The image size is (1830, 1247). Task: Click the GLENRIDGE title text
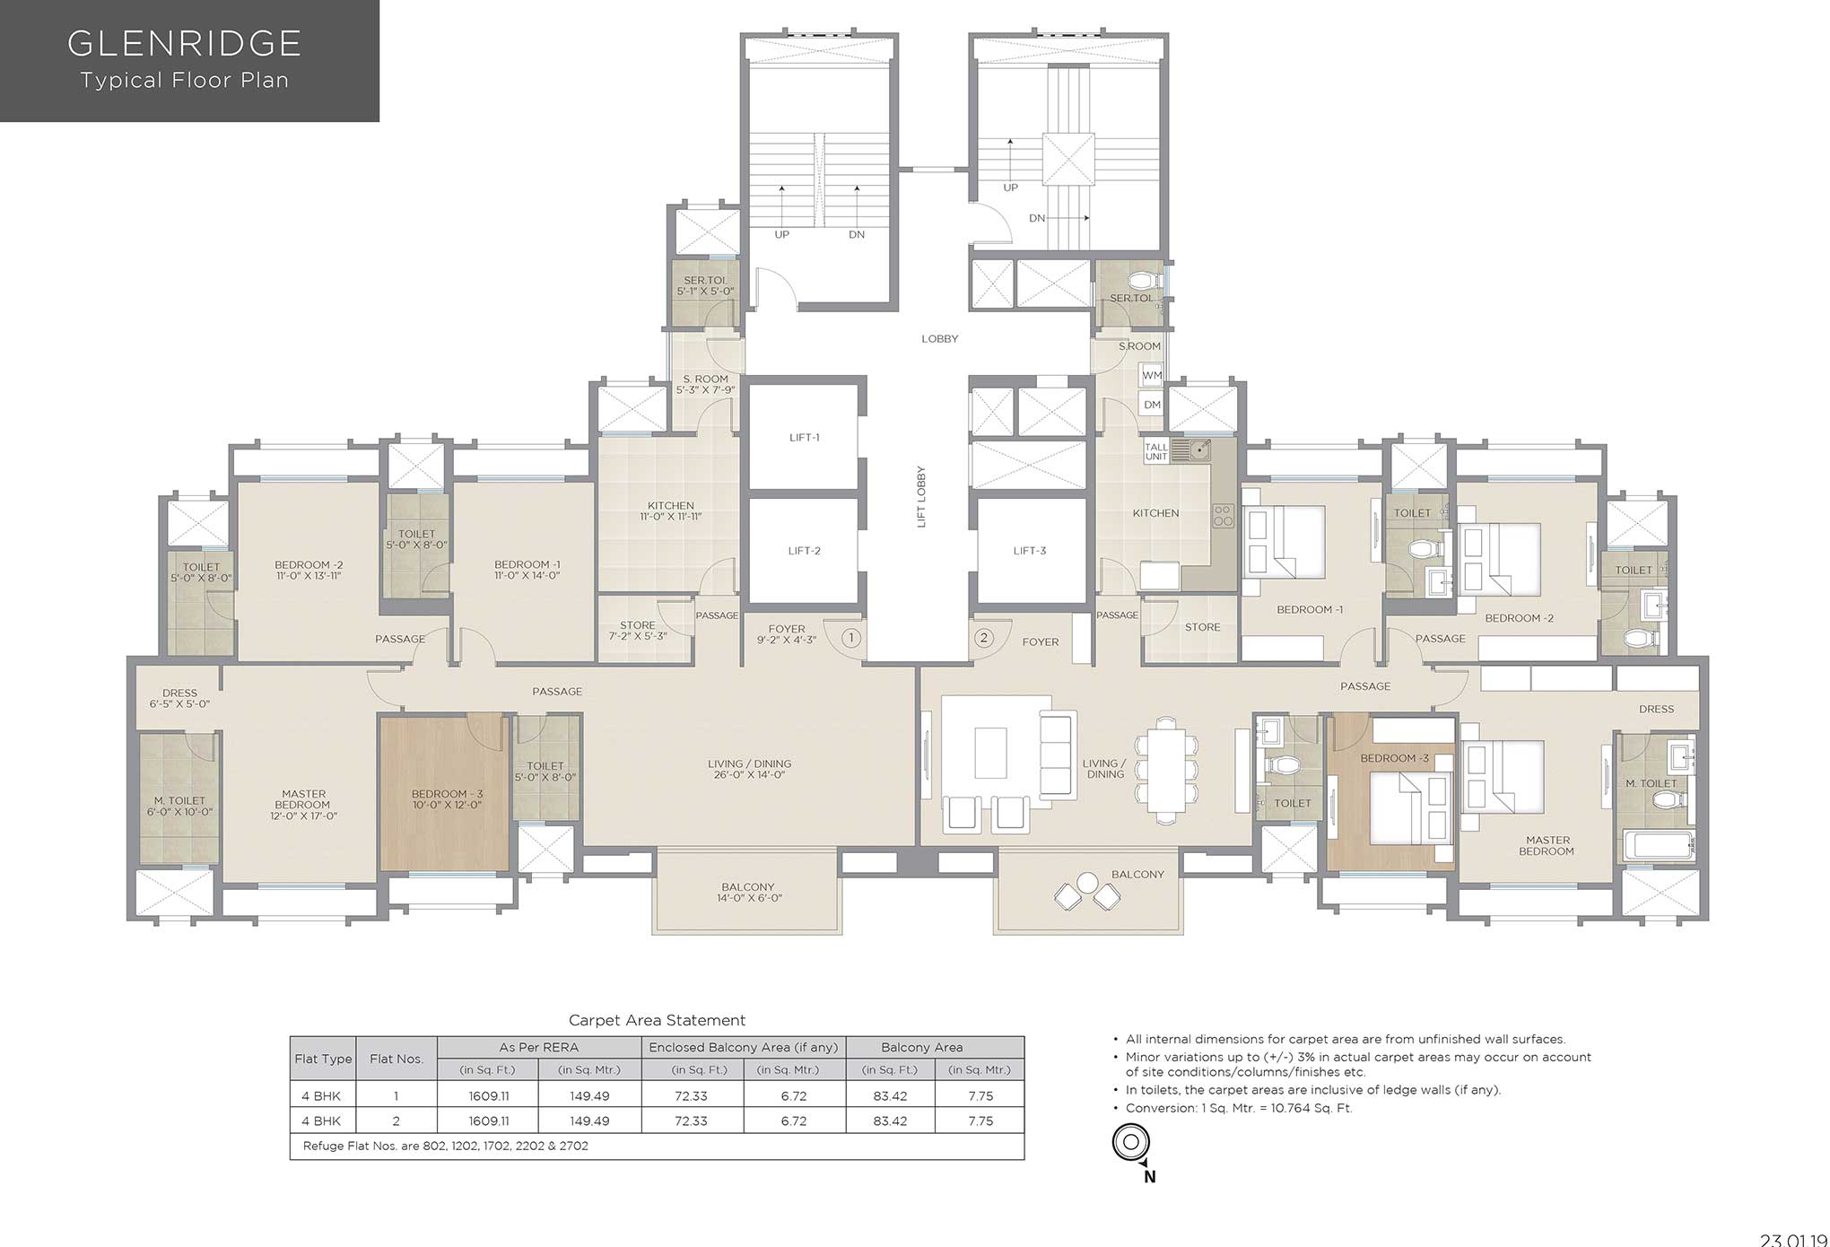pos(185,42)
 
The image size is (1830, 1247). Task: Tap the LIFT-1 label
pos(805,438)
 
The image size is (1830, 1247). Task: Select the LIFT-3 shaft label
pos(1030,551)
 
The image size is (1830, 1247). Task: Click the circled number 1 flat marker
pos(851,638)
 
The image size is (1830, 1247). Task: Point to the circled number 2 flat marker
pos(984,638)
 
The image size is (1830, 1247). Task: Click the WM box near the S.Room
pos(1152,375)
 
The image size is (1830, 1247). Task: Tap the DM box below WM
pos(1152,405)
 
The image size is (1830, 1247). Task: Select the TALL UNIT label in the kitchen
pos(1156,451)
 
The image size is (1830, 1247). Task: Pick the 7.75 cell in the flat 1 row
pos(980,1095)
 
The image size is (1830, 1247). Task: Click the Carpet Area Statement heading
pos(658,1020)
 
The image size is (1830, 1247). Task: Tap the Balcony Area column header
pos(922,1047)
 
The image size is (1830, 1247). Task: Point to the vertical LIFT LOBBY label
pos(921,497)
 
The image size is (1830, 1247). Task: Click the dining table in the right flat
pos(1166,770)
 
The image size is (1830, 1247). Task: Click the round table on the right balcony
pos(1087,882)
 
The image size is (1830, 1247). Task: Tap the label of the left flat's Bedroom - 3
pos(447,799)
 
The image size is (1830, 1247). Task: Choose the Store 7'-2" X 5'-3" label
pos(638,630)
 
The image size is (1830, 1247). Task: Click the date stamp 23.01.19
pos(1793,1240)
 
